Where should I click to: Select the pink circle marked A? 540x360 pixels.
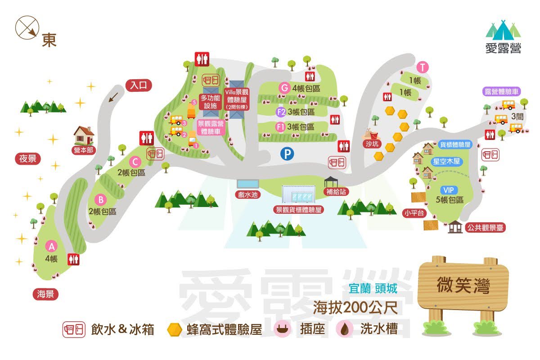coord(51,246)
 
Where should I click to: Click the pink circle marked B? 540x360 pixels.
coord(101,199)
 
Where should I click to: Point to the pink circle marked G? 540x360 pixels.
coord(284,88)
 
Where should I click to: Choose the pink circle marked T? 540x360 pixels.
coord(423,67)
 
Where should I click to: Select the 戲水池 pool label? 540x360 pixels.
coord(248,195)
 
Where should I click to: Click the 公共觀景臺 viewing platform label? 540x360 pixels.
coord(486,228)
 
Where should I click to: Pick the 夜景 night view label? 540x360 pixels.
coord(27,158)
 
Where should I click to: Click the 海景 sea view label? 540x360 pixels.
coord(45,294)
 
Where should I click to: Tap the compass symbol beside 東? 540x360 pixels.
coord(27,27)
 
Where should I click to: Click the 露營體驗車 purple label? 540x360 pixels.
coord(501,91)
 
